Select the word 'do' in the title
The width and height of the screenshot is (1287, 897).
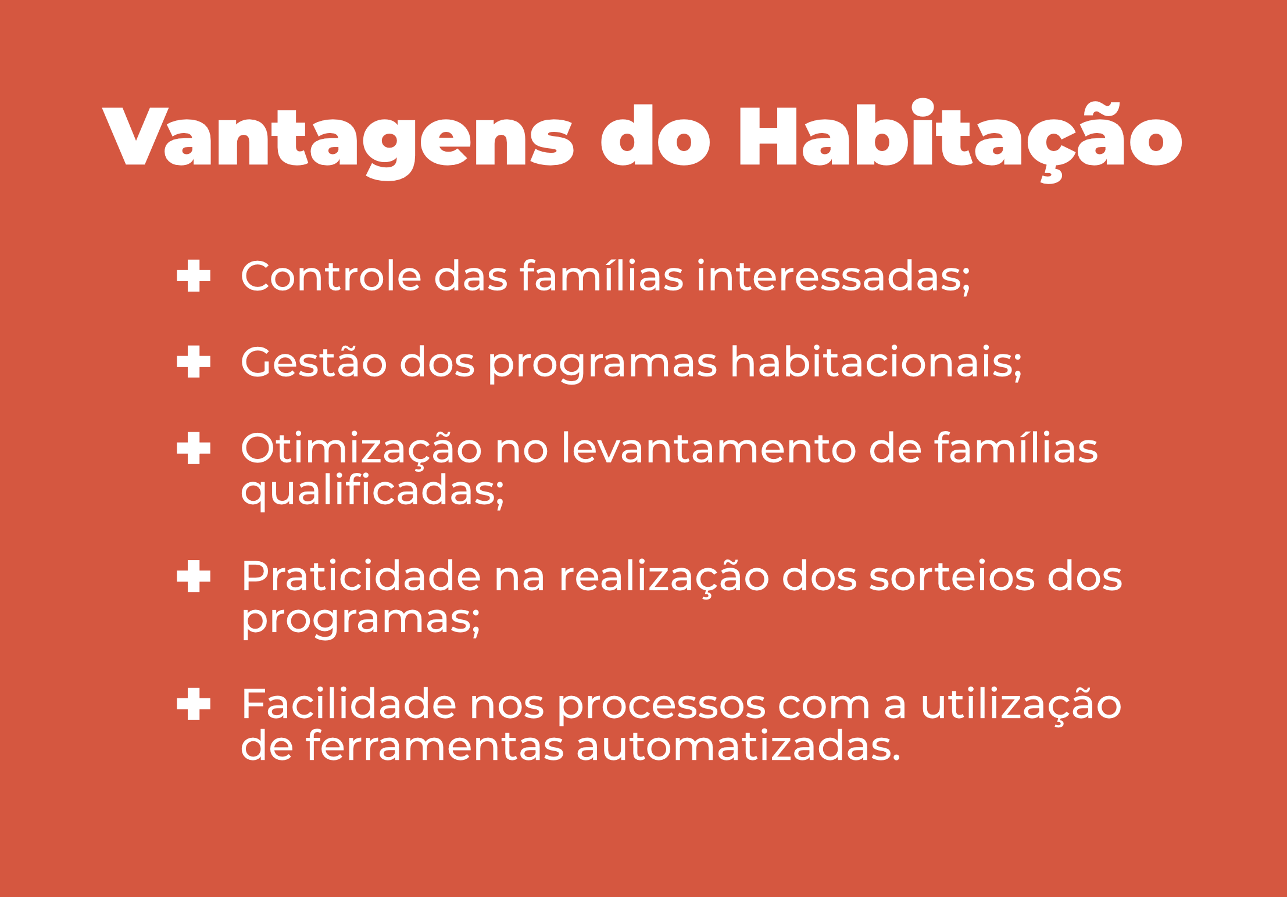(656, 136)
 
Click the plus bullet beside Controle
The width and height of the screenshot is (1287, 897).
(194, 275)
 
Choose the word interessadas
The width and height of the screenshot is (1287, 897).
(834, 277)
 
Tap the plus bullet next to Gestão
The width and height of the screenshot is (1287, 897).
(194, 361)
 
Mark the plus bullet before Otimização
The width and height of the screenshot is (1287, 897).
(194, 448)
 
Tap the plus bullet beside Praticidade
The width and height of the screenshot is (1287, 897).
(194, 576)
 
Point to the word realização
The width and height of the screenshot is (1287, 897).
(664, 576)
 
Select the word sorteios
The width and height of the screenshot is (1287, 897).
(952, 576)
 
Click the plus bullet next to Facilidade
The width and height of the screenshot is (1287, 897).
(194, 704)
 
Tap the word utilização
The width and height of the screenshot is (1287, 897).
(1021, 704)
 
